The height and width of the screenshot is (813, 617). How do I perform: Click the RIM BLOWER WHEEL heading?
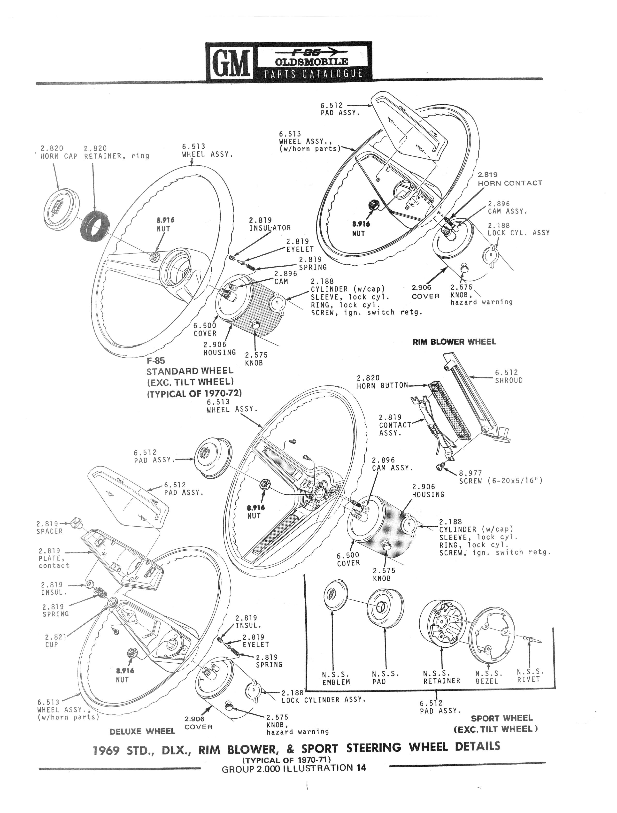tap(454, 342)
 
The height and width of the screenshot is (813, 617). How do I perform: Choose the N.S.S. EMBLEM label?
tap(336, 678)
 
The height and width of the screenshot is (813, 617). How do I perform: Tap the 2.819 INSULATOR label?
tap(270, 224)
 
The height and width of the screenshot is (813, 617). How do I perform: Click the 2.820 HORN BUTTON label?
tap(382, 382)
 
